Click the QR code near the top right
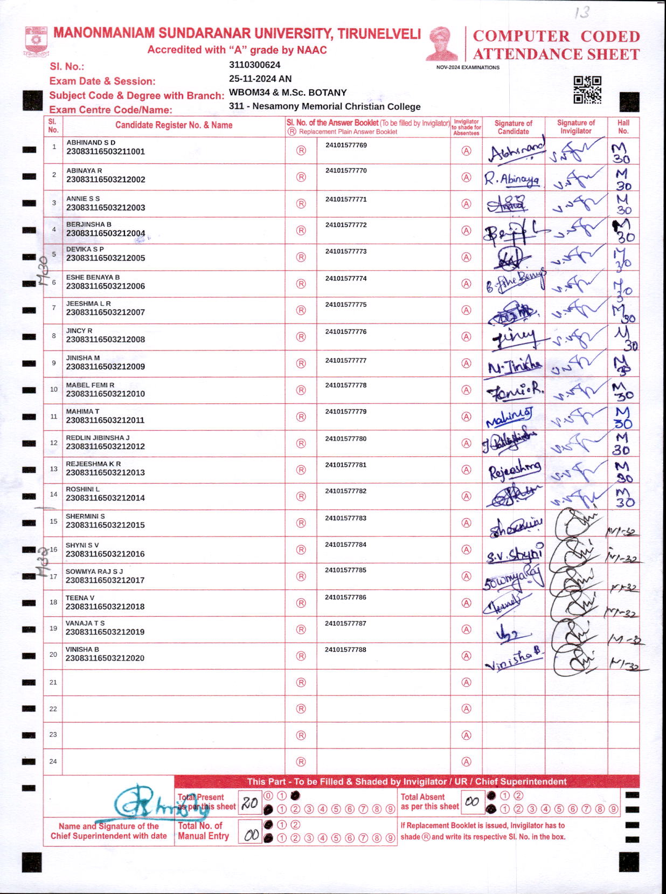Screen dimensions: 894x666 (x=587, y=90)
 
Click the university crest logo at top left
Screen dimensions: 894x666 (x=36, y=41)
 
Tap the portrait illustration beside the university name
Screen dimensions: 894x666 (x=441, y=44)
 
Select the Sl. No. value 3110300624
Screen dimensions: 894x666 (x=254, y=65)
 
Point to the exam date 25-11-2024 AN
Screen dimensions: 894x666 (x=260, y=79)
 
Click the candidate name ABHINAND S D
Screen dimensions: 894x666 (x=91, y=142)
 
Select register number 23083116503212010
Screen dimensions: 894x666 (x=106, y=394)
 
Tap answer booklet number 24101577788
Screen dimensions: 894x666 (x=345, y=650)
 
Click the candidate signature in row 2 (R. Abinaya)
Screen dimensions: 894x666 (x=511, y=179)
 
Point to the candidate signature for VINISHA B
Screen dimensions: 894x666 (x=513, y=658)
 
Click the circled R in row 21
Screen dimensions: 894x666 (x=301, y=683)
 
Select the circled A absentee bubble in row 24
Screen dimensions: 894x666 (x=467, y=761)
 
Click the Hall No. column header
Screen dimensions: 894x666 (x=623, y=127)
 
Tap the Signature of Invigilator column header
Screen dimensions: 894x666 (x=575, y=127)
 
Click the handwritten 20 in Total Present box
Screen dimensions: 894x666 (x=249, y=803)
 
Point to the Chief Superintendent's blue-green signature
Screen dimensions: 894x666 (x=156, y=803)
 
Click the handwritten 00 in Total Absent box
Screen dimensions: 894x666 (x=472, y=802)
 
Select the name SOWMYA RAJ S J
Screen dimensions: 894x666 (x=94, y=572)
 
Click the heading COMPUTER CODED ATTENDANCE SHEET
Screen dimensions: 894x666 (x=556, y=45)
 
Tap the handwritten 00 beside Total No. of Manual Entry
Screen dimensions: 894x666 (x=251, y=835)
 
